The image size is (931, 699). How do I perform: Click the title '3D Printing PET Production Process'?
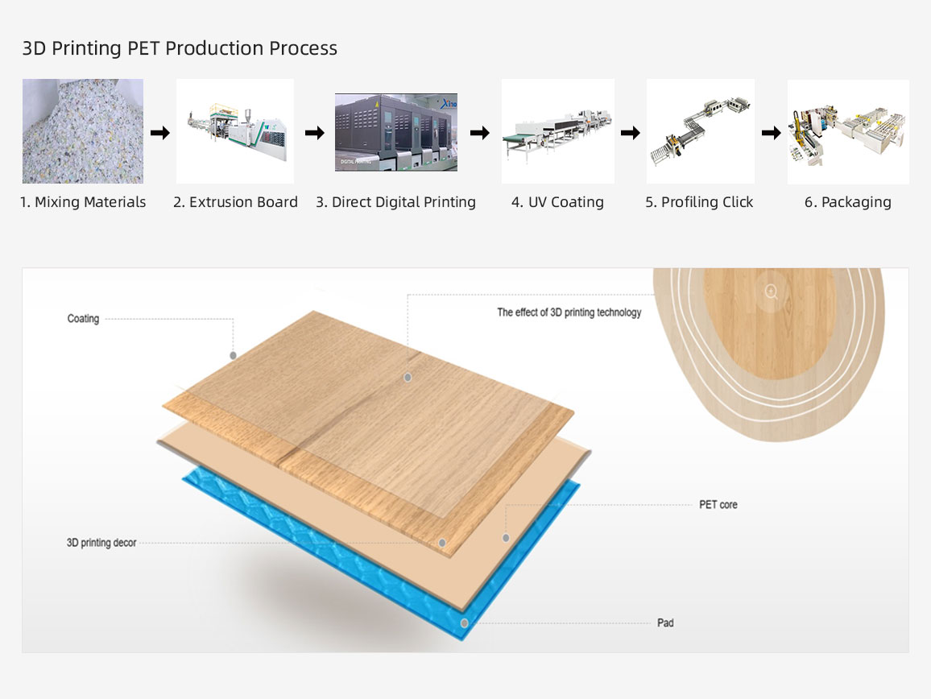(x=180, y=48)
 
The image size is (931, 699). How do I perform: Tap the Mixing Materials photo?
(x=83, y=131)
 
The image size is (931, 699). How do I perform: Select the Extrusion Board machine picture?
(x=235, y=131)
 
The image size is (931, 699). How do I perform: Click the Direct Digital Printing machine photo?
(x=396, y=132)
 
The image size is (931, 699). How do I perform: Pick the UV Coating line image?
(x=558, y=131)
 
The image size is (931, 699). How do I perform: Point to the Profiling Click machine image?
(x=701, y=131)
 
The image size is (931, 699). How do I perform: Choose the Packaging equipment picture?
(x=848, y=132)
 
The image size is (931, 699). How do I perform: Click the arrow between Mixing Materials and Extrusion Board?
(x=159, y=132)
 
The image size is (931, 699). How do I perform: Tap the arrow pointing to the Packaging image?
(x=772, y=132)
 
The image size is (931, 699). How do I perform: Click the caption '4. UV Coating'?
(x=557, y=202)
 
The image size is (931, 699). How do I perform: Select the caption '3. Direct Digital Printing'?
(x=395, y=202)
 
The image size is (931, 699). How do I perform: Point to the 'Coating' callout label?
(x=83, y=319)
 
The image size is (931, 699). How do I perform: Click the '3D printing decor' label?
(x=101, y=543)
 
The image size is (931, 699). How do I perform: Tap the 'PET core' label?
(x=718, y=505)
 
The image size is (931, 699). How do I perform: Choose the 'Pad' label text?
(x=665, y=623)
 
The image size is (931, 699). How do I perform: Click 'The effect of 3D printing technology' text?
(x=569, y=312)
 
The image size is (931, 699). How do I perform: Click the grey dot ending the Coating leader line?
(x=234, y=355)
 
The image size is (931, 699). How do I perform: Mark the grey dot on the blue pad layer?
(x=465, y=623)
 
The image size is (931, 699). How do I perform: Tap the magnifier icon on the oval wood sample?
(x=771, y=291)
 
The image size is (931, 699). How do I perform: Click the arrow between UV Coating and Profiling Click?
(x=631, y=132)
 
